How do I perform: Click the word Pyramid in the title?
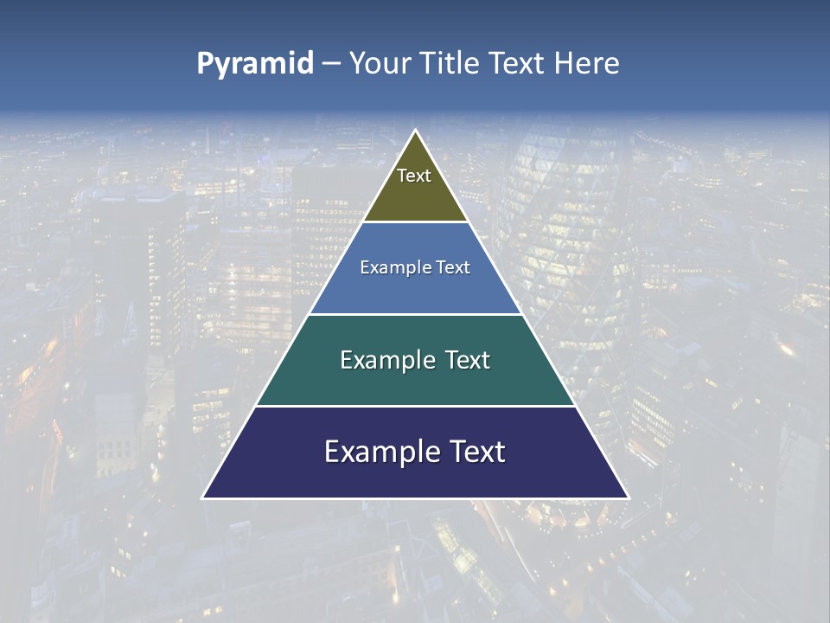(x=254, y=64)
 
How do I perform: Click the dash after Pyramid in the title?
(x=330, y=64)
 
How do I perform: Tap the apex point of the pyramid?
(x=415, y=131)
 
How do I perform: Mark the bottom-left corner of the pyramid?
(x=203, y=498)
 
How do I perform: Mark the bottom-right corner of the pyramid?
(x=628, y=498)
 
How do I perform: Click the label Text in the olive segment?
(x=414, y=176)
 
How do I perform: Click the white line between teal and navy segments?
(x=415, y=406)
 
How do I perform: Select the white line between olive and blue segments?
(x=415, y=222)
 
